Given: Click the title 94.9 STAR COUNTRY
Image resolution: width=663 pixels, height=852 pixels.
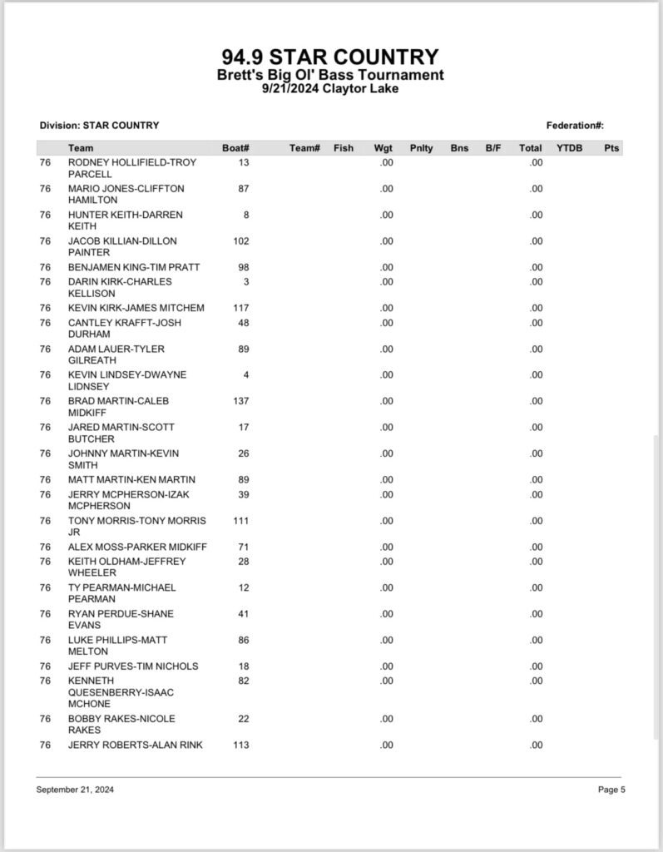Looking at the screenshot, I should [x=330, y=57].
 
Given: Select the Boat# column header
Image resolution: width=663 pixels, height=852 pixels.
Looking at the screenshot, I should [x=235, y=148].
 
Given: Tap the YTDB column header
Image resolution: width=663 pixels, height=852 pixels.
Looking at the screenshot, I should [x=569, y=148].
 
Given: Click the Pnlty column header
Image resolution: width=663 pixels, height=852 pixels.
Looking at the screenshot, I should [x=421, y=148].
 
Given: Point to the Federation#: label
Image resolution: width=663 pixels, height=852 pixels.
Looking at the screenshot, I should [x=575, y=126].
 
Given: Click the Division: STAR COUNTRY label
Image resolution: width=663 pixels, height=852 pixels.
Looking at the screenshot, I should [x=99, y=126].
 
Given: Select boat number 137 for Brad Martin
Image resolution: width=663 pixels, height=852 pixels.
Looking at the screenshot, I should [x=240, y=401].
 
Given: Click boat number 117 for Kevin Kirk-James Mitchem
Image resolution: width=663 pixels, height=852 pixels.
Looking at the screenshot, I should [x=240, y=308].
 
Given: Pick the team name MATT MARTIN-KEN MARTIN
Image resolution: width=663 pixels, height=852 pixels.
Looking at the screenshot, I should [x=131, y=480].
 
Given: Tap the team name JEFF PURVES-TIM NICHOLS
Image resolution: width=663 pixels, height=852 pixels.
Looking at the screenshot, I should [x=133, y=666].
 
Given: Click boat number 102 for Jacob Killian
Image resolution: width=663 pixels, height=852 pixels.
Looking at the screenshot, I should [x=240, y=241].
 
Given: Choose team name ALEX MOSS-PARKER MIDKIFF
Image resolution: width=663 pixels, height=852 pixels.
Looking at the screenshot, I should [x=137, y=547].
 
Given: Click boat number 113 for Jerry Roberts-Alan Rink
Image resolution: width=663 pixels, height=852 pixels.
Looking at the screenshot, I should [x=240, y=745].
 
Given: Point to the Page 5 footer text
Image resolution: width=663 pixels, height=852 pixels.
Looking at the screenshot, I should [x=611, y=790].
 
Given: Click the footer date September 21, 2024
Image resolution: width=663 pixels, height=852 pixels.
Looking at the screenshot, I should [x=75, y=790].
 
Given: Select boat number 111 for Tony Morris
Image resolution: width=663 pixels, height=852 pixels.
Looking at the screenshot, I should [x=240, y=521].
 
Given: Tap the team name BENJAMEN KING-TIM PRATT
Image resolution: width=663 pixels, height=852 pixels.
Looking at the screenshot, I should [x=133, y=267].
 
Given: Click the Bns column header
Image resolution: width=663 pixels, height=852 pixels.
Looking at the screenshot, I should [x=459, y=148].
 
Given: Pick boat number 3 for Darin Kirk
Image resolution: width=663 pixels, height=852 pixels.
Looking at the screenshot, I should [x=246, y=282].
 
